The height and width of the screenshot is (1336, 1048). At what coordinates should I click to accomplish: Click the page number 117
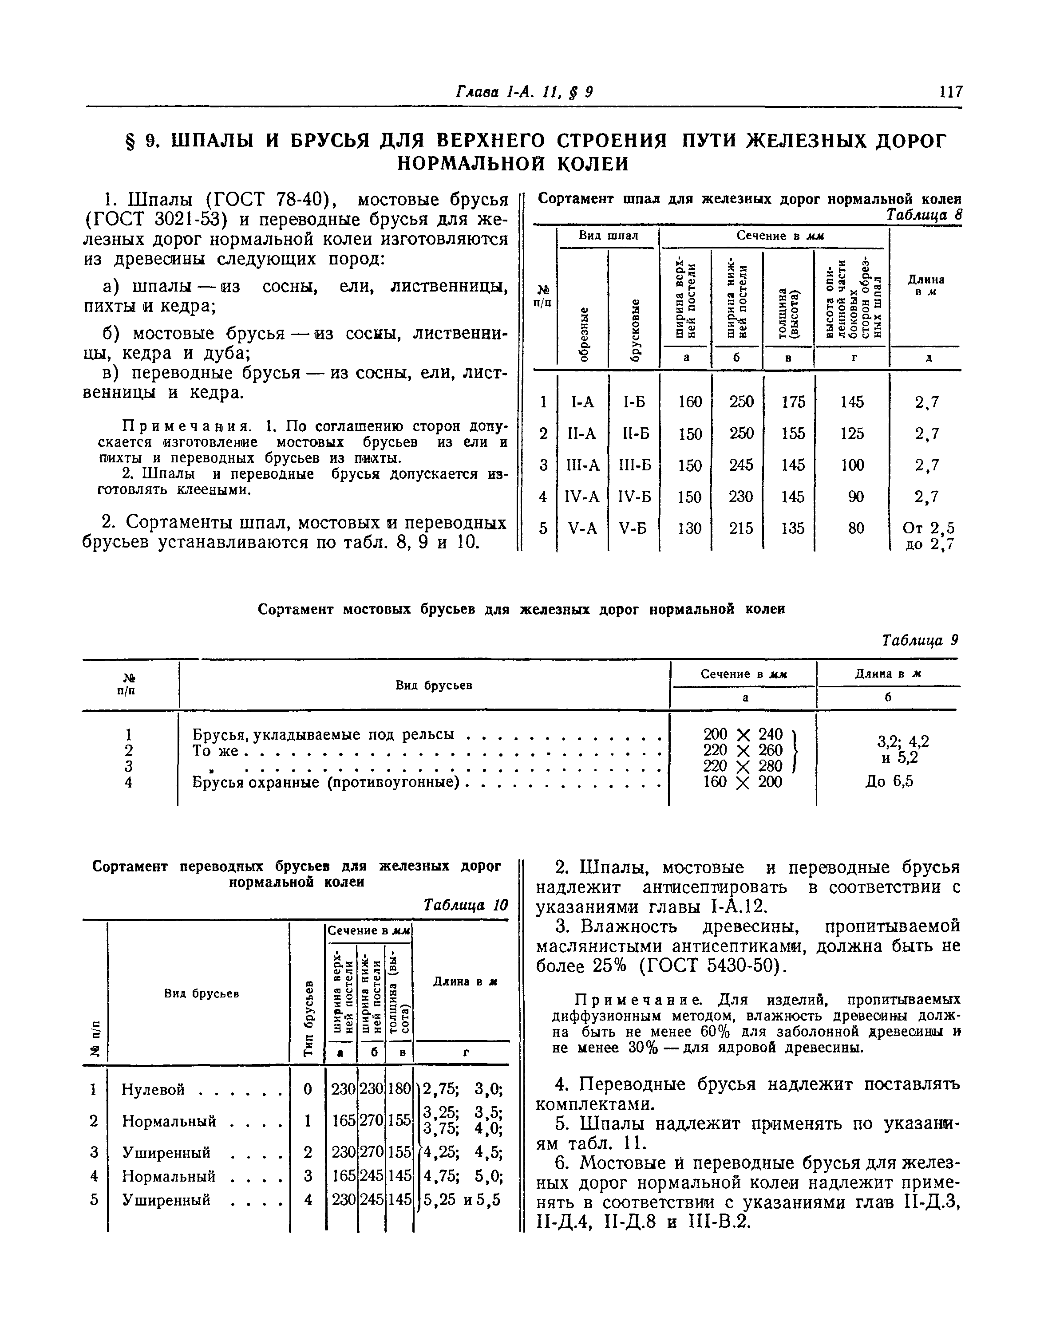(950, 92)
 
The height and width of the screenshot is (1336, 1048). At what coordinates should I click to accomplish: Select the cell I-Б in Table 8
(634, 402)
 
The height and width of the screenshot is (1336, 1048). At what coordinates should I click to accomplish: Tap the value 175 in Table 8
(793, 402)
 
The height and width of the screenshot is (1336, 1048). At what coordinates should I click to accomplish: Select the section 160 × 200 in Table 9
(743, 782)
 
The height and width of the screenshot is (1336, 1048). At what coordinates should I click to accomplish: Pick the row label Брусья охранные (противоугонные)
(326, 782)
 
